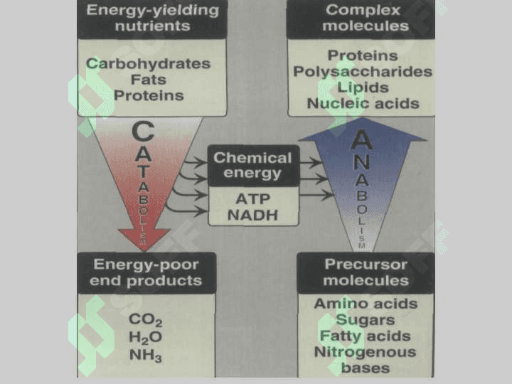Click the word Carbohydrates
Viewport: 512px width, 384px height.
pos(148,63)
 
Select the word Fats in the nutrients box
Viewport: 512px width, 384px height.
pos(149,80)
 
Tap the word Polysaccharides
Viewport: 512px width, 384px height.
pos(363,72)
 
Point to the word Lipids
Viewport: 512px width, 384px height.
pos(363,87)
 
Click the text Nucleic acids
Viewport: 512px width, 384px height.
pos(363,104)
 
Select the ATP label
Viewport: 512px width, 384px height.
pos(253,199)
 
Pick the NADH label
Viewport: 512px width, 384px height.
pos(252,215)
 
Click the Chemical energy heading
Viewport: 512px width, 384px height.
pos(252,165)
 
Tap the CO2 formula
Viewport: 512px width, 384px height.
pos(145,320)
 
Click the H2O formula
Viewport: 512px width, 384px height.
pos(145,337)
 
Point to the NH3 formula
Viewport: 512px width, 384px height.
pos(145,356)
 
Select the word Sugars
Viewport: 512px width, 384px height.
pos(366,320)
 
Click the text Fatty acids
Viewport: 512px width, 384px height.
pos(366,336)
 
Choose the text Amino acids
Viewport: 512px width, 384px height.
pos(366,304)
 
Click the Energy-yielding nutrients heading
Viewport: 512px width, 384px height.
pos(152,18)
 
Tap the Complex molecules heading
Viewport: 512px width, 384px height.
pos(365,18)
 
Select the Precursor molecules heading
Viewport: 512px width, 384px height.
pos(366,272)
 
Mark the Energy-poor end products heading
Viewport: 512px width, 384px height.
pos(146,272)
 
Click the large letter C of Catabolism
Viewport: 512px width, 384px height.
pos(143,132)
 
